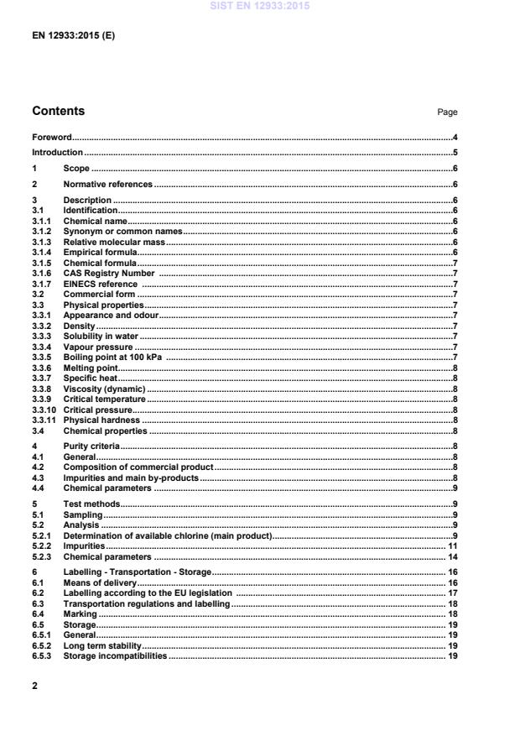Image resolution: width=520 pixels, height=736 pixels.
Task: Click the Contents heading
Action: [58, 111]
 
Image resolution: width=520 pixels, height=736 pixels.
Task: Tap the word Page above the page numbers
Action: [447, 112]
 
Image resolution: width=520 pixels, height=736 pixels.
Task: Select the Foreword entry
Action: [51, 137]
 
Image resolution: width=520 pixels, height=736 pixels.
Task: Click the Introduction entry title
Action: [57, 153]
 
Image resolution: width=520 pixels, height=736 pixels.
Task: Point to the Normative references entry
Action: [108, 184]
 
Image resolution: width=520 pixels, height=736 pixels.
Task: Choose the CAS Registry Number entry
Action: [108, 273]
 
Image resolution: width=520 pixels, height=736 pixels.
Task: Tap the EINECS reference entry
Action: [101, 284]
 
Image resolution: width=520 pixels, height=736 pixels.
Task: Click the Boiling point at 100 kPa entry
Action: [111, 358]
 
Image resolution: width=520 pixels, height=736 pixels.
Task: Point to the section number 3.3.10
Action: [44, 410]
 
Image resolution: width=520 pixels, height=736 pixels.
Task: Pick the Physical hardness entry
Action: [101, 420]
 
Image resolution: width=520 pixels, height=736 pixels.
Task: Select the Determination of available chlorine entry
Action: [168, 535]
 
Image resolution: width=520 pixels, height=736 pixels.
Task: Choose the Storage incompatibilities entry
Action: [115, 655]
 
